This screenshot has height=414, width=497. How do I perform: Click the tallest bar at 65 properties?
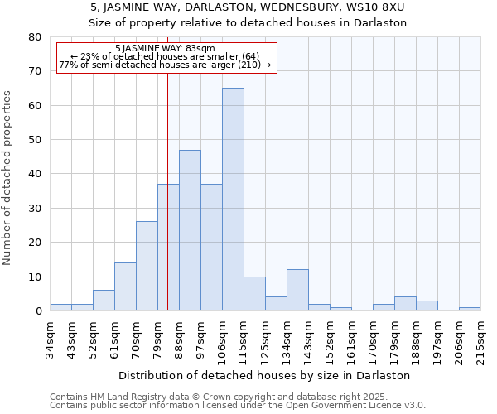tap(233, 199)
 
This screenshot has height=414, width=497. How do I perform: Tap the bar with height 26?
tap(147, 266)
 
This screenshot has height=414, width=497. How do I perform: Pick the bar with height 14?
tap(125, 286)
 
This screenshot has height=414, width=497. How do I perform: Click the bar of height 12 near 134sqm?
tap(297, 290)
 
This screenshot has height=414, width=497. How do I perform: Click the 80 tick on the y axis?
tap(34, 37)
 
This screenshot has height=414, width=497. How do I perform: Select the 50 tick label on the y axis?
tap(34, 140)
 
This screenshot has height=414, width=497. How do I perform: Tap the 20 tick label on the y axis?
tap(34, 243)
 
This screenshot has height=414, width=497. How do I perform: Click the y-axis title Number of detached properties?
tap(8, 174)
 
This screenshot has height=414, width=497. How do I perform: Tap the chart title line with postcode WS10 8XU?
tap(248, 7)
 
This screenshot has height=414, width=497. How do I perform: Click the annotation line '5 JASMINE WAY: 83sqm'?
tap(165, 48)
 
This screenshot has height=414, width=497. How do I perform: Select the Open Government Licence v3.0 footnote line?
tap(237, 405)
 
